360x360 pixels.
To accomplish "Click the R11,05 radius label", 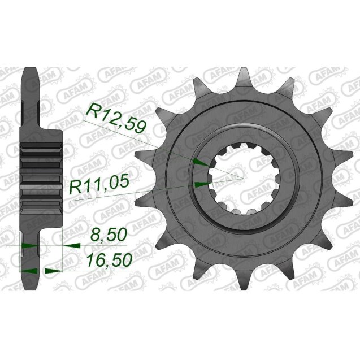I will (100, 187).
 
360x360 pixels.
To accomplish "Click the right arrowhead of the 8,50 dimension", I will (71, 246).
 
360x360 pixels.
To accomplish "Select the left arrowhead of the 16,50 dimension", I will (27, 270).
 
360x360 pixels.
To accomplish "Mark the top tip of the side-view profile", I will (29, 70).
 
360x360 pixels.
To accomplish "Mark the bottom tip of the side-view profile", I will (29, 288).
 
